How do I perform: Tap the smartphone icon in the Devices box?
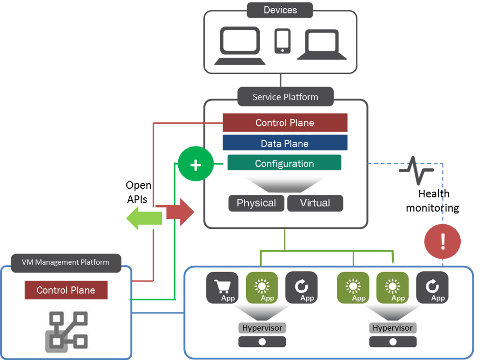click(282, 41)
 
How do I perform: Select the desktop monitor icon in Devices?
click(239, 45)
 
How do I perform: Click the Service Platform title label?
click(285, 97)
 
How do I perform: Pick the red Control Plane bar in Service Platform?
click(285, 123)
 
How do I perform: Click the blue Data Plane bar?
click(285, 144)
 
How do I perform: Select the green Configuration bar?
click(284, 164)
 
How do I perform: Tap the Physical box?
click(256, 203)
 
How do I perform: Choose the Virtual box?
click(315, 203)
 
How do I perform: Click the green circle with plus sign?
click(195, 165)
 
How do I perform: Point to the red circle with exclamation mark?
click(443, 242)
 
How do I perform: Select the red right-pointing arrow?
click(179, 212)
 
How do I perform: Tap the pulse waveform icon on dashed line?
click(416, 170)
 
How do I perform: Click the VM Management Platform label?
click(66, 262)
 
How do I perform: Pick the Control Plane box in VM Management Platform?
click(66, 290)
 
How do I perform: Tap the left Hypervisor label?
click(262, 328)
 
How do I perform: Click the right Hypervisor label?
click(392, 328)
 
